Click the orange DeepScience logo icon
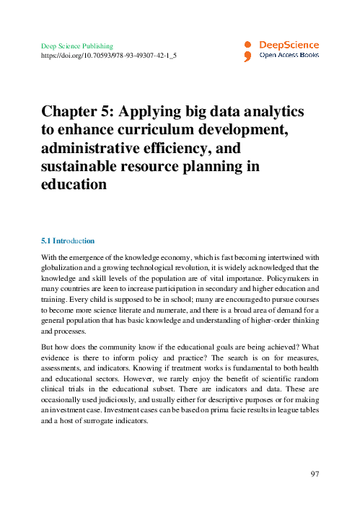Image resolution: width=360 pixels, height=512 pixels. pos(247,50)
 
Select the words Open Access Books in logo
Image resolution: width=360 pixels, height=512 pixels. pos(289,54)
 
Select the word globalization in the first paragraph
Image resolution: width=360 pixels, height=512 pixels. pos(63,267)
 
